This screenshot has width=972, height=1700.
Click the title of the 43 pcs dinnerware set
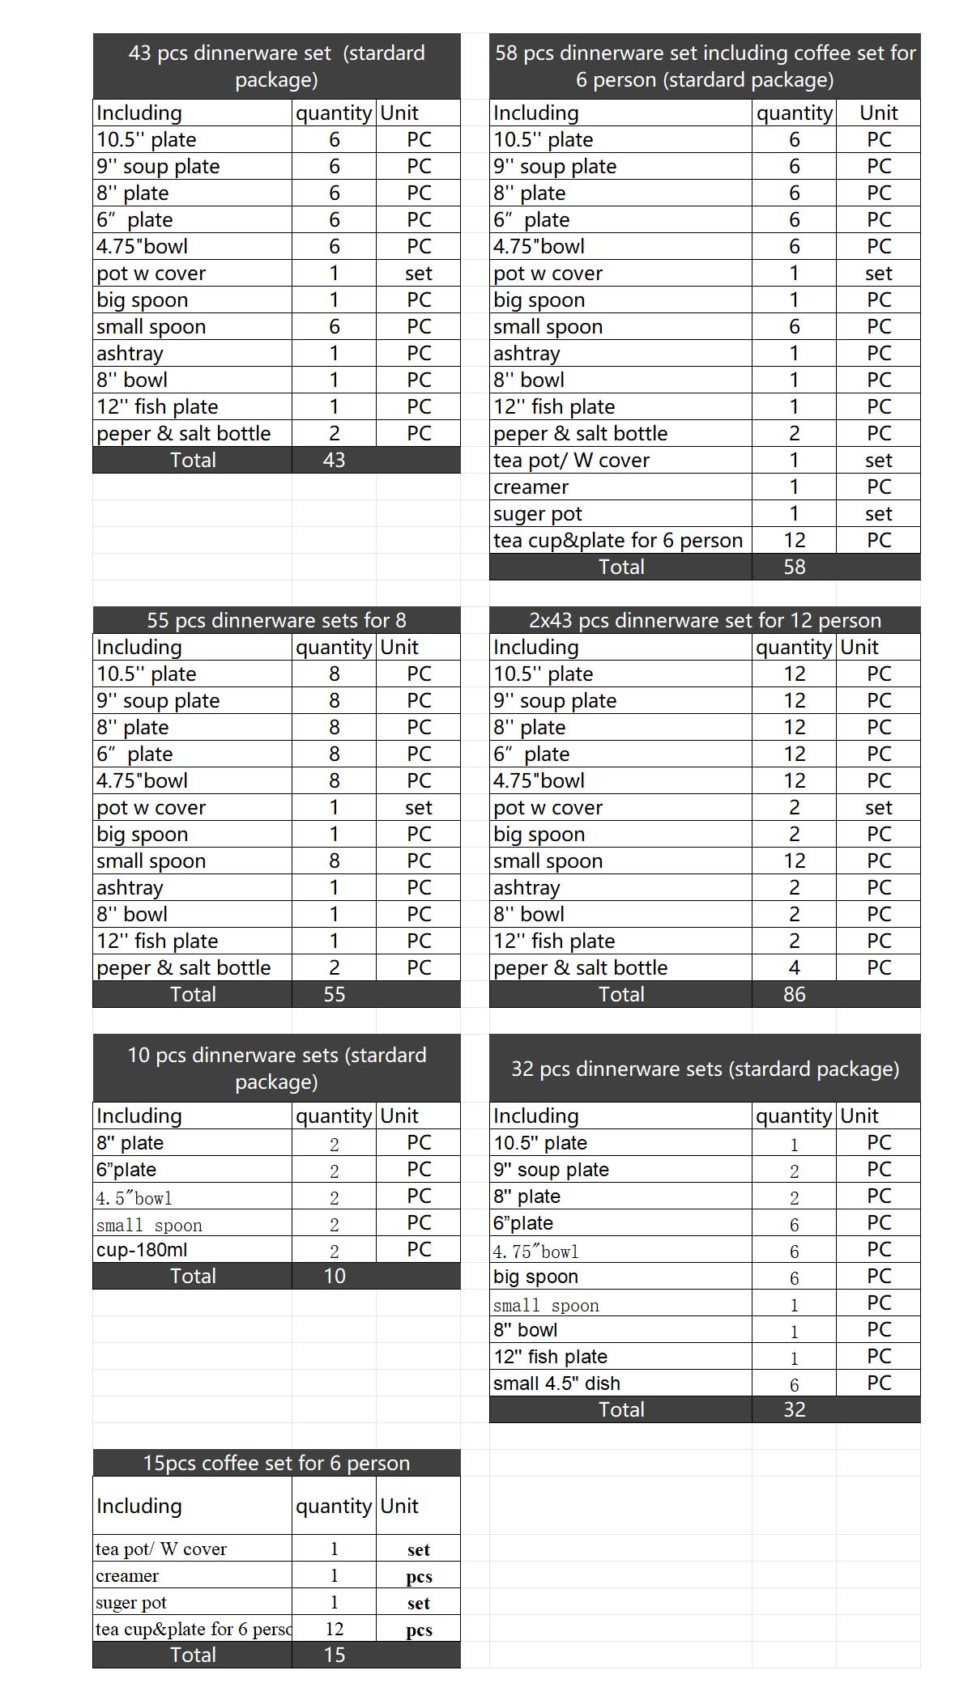coord(276,66)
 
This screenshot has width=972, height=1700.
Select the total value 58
coord(794,567)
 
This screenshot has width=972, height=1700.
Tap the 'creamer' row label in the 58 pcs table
coord(531,487)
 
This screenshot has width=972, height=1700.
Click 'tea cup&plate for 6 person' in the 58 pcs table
coord(617,541)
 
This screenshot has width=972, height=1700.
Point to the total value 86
coord(794,995)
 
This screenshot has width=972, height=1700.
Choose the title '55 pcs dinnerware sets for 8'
coord(276,621)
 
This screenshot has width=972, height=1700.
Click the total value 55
coord(334,995)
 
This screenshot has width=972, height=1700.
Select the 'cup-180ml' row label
coord(142,1250)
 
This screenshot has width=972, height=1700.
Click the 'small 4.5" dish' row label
coord(556,1383)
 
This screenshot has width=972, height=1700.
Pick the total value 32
coord(794,1410)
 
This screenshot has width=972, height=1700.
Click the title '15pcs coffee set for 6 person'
coord(276,1464)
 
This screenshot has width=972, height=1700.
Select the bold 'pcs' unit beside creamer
coord(419,1577)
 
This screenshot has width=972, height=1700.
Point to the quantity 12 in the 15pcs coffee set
coord(334,1630)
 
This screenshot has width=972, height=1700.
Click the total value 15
coord(334,1655)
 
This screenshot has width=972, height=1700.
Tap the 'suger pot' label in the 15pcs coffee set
coord(131,1603)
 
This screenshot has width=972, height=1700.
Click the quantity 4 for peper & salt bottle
coord(794,968)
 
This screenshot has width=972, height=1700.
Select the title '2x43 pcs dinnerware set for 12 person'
coord(705,621)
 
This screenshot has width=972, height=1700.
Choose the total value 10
coord(334,1277)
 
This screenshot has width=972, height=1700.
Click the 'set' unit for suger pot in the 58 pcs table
coord(878,514)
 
